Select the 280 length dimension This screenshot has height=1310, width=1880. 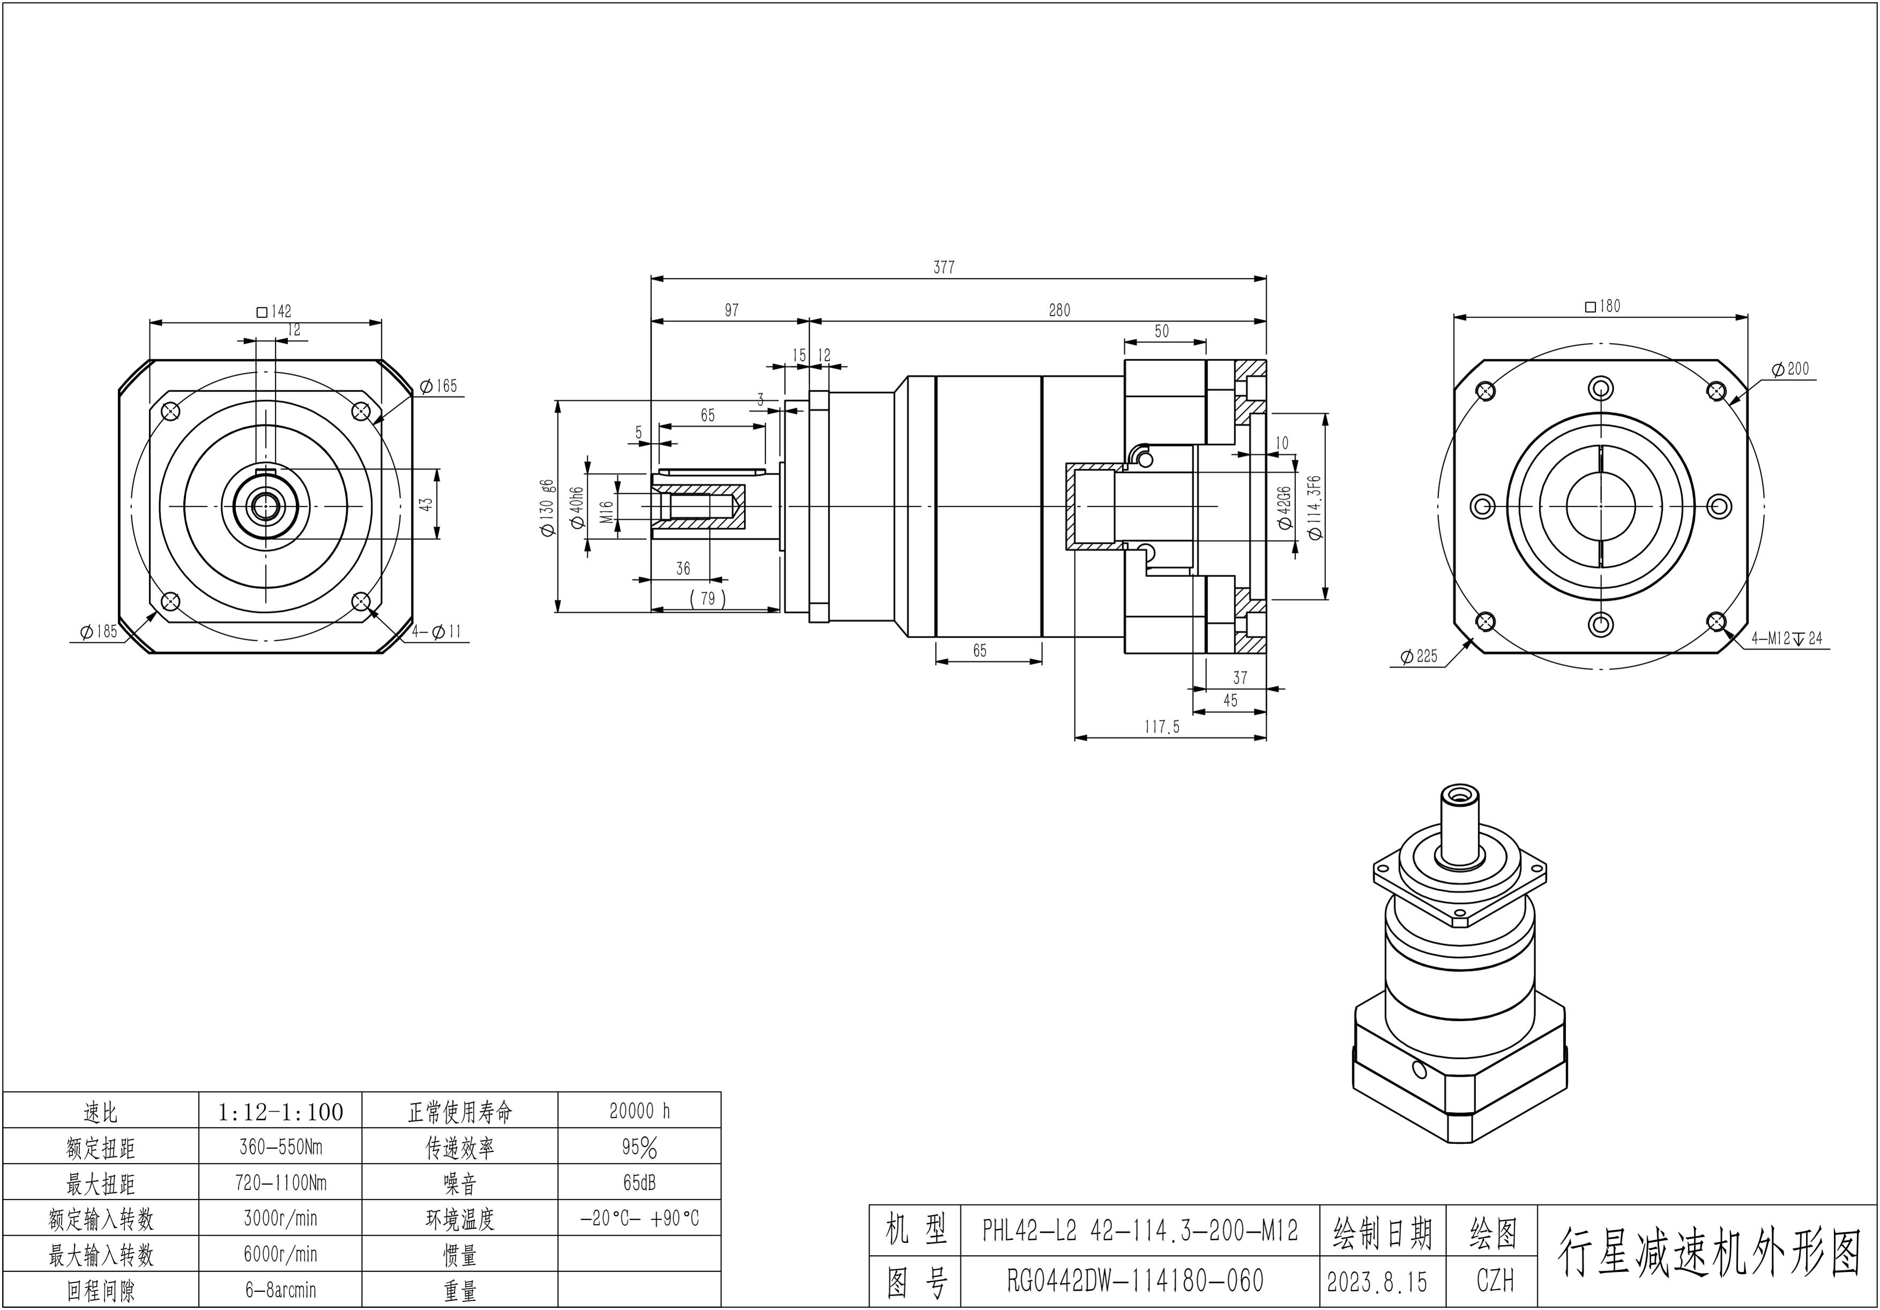click(1059, 310)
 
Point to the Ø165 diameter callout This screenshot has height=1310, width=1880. click(439, 386)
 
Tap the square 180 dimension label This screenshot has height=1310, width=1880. click(1602, 306)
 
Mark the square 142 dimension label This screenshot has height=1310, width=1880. click(274, 312)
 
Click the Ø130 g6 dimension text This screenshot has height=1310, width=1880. click(548, 507)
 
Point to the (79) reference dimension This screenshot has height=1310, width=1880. click(707, 598)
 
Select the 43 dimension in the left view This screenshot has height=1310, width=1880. click(426, 504)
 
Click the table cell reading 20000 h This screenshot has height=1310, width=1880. click(639, 1111)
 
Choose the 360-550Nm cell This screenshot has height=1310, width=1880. click(280, 1147)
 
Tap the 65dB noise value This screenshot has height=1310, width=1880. click(639, 1183)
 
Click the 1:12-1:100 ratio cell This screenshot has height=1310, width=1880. click(280, 1112)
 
